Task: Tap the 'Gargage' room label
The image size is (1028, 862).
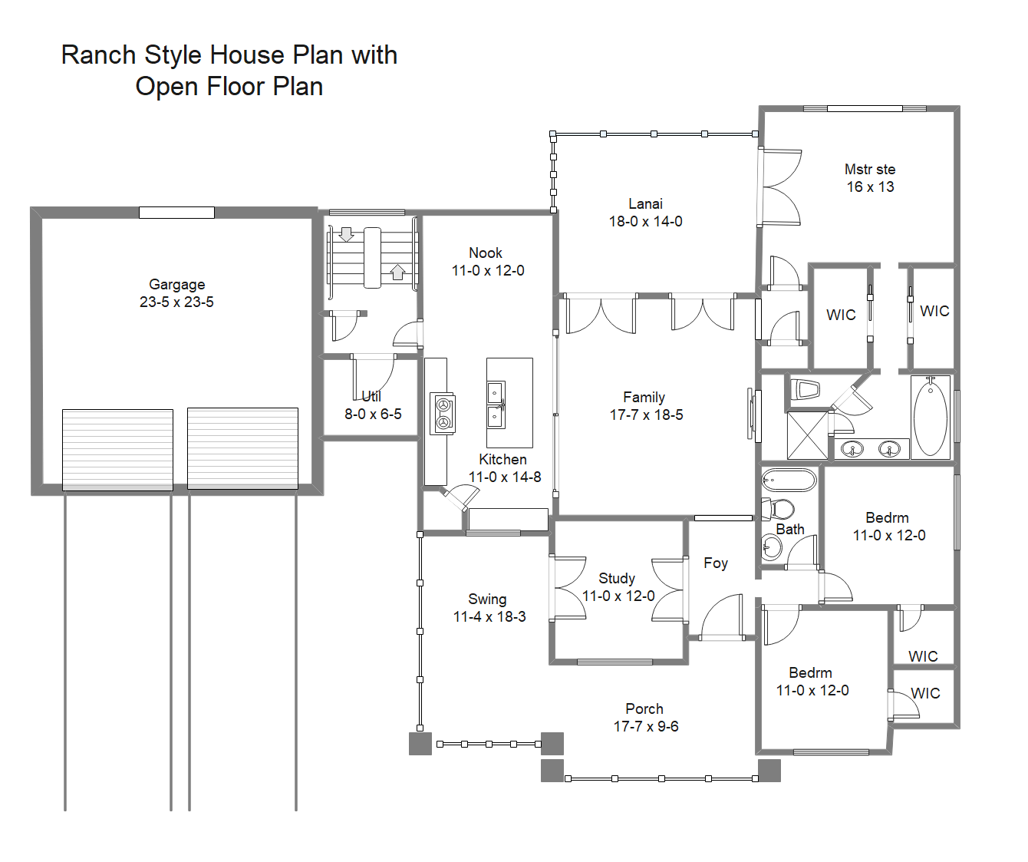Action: (176, 284)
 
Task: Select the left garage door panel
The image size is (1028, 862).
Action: (117, 449)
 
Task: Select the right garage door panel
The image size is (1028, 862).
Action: (242, 448)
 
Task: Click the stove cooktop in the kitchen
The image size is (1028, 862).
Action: (443, 413)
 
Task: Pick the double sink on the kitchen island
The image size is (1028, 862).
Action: (496, 405)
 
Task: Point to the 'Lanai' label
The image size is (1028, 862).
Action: (645, 203)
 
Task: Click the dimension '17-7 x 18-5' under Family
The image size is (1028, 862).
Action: (646, 415)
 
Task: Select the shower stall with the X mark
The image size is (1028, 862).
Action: (807, 435)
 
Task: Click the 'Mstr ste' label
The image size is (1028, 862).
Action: (870, 169)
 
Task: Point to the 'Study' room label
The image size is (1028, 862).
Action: (617, 578)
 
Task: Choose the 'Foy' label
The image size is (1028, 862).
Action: (715, 563)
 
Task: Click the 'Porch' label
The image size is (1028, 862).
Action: (644, 708)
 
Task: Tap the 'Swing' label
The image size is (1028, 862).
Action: (487, 599)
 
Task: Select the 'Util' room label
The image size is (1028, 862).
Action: (371, 396)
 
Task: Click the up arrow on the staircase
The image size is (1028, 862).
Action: (397, 272)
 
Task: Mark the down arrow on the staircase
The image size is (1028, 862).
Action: (346, 234)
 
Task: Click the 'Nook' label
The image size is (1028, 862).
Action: (486, 253)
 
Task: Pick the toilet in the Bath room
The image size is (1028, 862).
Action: (778, 508)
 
